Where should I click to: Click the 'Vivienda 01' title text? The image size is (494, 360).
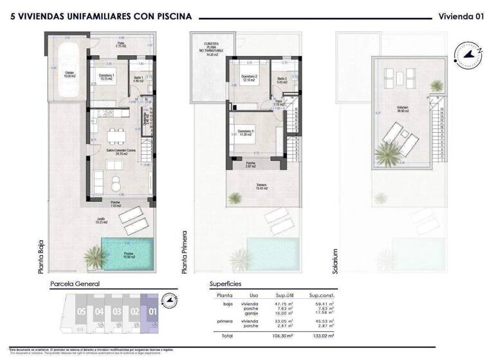coord(461,16)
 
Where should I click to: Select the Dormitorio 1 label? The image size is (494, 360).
coord(107,76)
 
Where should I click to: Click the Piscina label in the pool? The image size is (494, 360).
coord(128,255)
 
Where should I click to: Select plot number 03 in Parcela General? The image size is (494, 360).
coord(116,311)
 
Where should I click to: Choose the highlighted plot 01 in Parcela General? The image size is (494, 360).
coord(152,311)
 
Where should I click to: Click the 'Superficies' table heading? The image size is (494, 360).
coord(226,283)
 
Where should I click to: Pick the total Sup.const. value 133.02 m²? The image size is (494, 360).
coord(324,336)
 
